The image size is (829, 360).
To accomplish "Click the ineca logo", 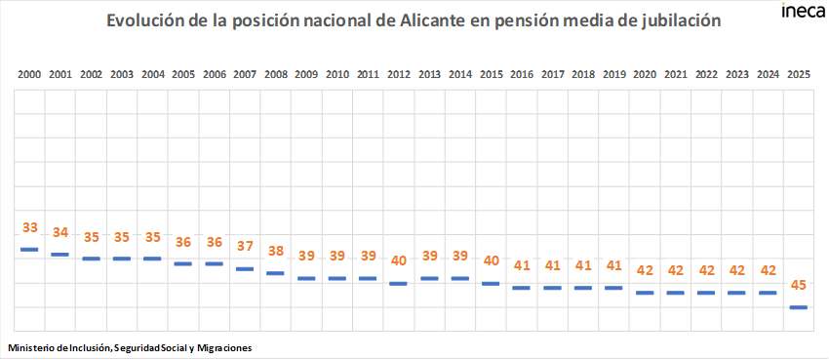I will (x=802, y=12).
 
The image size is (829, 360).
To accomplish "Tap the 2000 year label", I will (x=29, y=74).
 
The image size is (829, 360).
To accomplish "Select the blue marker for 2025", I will (x=798, y=307).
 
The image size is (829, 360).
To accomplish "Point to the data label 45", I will (x=798, y=285).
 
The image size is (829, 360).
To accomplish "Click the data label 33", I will (x=29, y=227).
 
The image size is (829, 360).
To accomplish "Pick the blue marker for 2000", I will (x=29, y=250).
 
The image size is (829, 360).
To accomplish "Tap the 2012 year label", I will (x=398, y=74).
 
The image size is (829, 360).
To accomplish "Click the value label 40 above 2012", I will (x=398, y=260).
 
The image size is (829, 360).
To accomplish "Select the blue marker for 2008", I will (x=275, y=273).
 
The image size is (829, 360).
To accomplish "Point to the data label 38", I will (x=275, y=251).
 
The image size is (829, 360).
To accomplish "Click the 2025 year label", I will (x=798, y=74).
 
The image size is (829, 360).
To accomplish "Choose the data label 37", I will (x=245, y=246).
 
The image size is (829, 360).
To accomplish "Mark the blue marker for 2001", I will (x=59, y=255).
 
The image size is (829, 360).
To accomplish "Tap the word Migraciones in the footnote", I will (x=222, y=347).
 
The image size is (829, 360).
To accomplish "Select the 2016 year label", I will (x=521, y=74).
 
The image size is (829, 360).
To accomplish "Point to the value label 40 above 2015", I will (x=491, y=260).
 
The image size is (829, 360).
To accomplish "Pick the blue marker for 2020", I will (x=644, y=293).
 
